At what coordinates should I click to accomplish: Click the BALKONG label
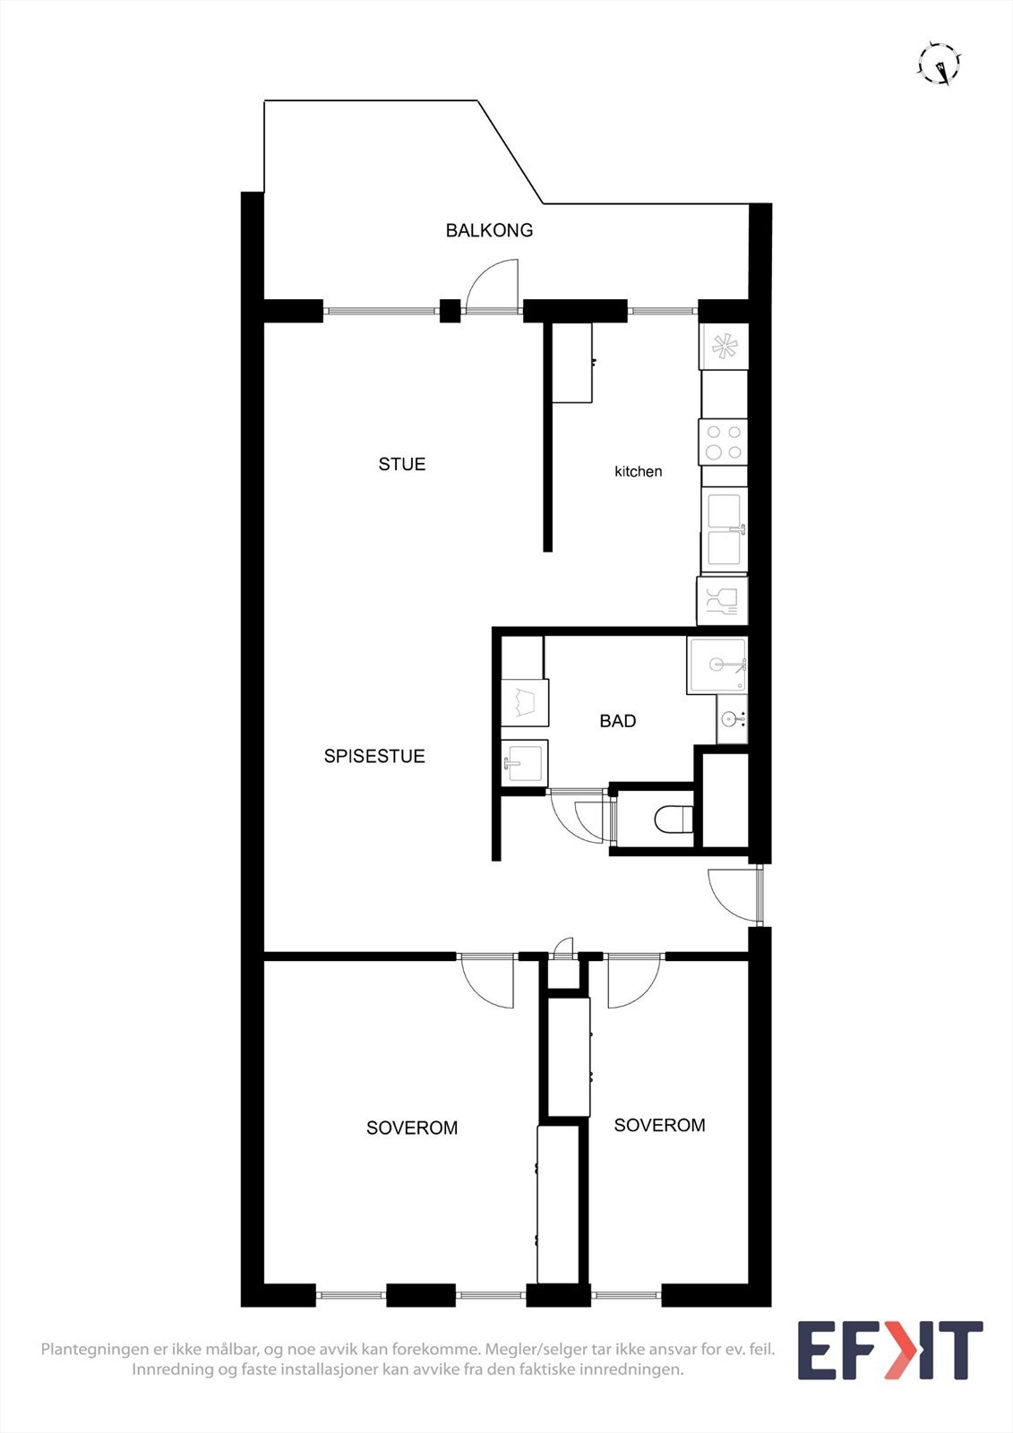[x=489, y=230]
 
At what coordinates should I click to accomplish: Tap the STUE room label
[x=401, y=464]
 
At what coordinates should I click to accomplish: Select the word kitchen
[x=638, y=471]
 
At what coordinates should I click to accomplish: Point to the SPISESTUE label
[x=374, y=756]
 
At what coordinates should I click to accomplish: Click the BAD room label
[x=618, y=721]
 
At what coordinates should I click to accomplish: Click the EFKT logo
[x=889, y=1350]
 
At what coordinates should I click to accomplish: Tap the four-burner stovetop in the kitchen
[x=724, y=442]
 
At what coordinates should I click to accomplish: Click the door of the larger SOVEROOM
[x=488, y=983]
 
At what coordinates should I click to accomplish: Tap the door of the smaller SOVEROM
[x=632, y=983]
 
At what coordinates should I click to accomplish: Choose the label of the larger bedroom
[x=412, y=1128]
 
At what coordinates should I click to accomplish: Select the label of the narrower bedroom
[x=659, y=1125]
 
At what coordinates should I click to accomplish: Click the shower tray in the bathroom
[x=717, y=665]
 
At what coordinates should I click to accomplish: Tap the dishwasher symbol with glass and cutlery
[x=722, y=600]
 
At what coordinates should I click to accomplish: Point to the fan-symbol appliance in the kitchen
[x=724, y=346]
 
